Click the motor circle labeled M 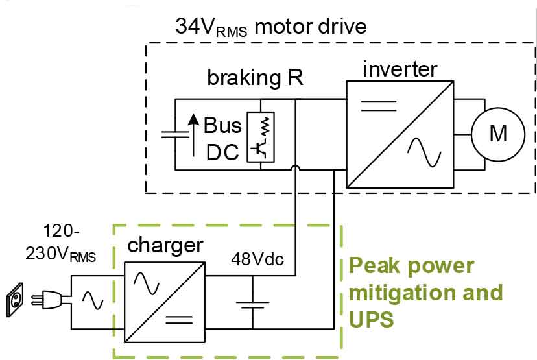pos(498,134)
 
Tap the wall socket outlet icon pos(15,300)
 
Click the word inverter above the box pos(400,69)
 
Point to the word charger pos(165,246)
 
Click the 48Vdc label pos(257,259)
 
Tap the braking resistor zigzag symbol pos(266,126)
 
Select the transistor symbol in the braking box pos(259,149)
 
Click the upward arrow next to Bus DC pos(194,135)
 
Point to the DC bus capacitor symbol pos(175,134)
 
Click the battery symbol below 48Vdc pos(253,305)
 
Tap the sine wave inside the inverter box pos(424,152)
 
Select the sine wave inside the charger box pos(147,283)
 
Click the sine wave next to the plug pos(93,300)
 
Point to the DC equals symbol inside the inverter pos(379,106)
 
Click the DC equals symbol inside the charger pos(179,320)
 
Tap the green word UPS pos(371,319)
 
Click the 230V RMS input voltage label pos(60,254)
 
